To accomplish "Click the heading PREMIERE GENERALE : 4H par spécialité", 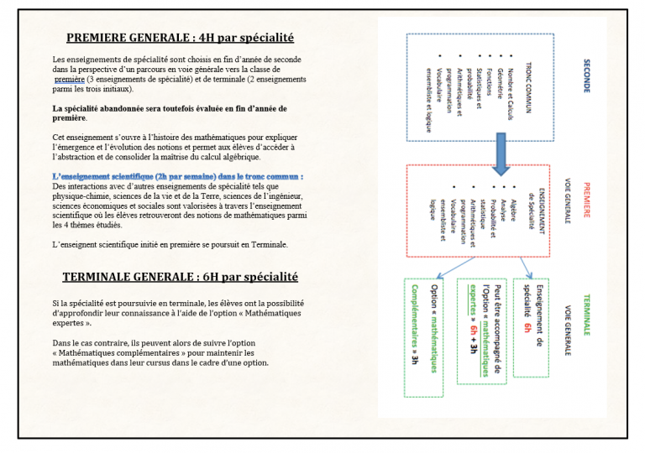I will [180, 38].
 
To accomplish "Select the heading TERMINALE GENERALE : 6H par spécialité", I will [180, 277].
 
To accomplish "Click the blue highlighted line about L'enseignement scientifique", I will [178, 177].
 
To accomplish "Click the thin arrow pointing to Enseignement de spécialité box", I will [527, 268].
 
